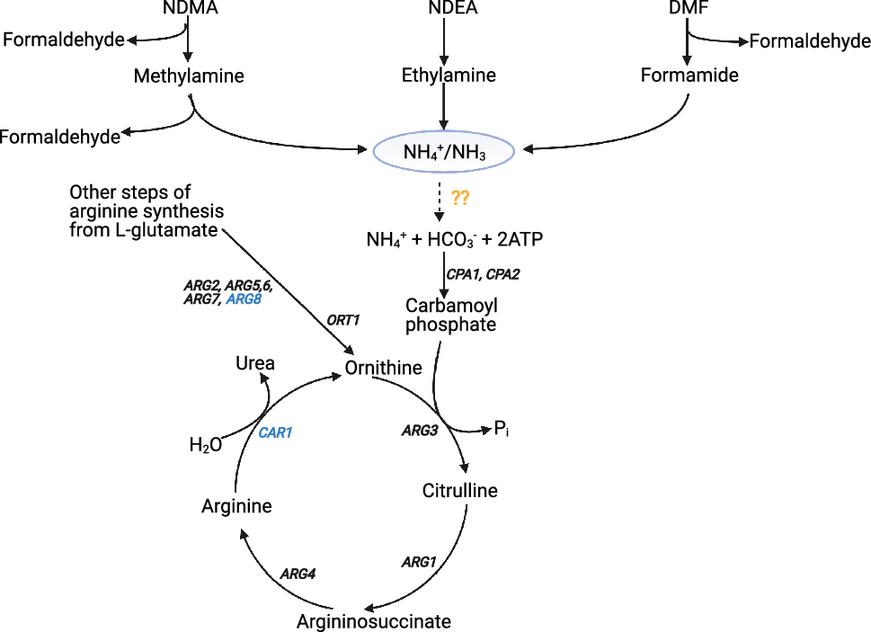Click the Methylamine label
coord(189,76)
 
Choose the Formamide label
coord(689,76)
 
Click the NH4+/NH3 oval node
coord(444,151)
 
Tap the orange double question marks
coord(461,198)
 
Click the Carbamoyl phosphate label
coord(450,315)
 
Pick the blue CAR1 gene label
coord(275,432)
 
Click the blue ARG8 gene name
coord(244,299)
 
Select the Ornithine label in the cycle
coord(384,368)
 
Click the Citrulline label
coord(459,491)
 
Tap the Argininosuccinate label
coord(374,620)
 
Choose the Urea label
coord(254,363)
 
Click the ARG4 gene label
coord(298,573)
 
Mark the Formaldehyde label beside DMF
coord(810,41)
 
